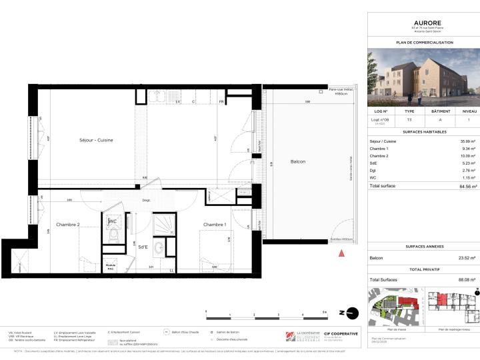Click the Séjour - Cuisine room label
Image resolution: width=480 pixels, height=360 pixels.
(x=97, y=140)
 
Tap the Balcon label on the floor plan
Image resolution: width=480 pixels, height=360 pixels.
(x=298, y=162)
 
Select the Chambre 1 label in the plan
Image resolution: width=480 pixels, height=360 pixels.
(x=215, y=224)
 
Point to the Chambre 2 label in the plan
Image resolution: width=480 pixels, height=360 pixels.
(x=67, y=224)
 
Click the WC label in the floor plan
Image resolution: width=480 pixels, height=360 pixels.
(x=113, y=221)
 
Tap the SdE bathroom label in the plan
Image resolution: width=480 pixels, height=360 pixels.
(x=143, y=246)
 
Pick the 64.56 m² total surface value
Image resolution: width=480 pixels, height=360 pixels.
(x=467, y=185)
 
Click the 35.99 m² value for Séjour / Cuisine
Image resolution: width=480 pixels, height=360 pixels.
(x=467, y=141)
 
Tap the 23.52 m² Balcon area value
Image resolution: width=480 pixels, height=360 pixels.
(x=467, y=258)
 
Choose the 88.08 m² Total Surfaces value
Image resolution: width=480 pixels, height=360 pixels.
(x=467, y=280)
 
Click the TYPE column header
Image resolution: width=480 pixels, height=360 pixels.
(x=409, y=111)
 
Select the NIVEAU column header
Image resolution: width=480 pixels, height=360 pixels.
(x=469, y=111)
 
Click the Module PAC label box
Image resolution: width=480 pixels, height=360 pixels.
(x=111, y=266)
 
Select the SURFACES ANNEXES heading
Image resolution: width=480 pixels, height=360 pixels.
(x=424, y=247)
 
